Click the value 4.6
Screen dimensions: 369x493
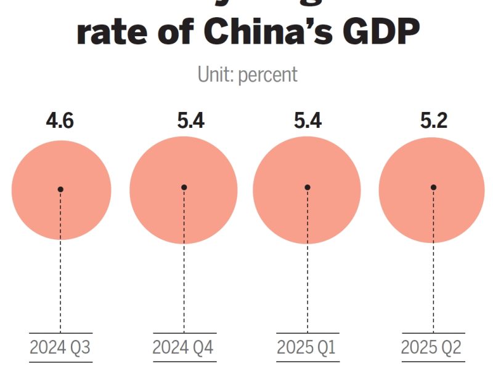pyautogui.click(x=60, y=121)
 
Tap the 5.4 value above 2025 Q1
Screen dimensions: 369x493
pyautogui.click(x=308, y=121)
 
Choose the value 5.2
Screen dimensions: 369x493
pyautogui.click(x=433, y=121)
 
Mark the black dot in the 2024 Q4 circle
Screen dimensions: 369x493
pyautogui.click(x=184, y=188)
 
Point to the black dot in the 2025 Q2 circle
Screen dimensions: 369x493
pyautogui.click(x=433, y=188)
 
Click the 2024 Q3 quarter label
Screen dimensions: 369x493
pyautogui.click(x=60, y=347)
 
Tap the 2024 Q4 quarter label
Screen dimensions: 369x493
pyautogui.click(x=183, y=347)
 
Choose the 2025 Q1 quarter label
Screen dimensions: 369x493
pyautogui.click(x=306, y=347)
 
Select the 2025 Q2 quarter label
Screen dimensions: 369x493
pyautogui.click(x=431, y=347)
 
